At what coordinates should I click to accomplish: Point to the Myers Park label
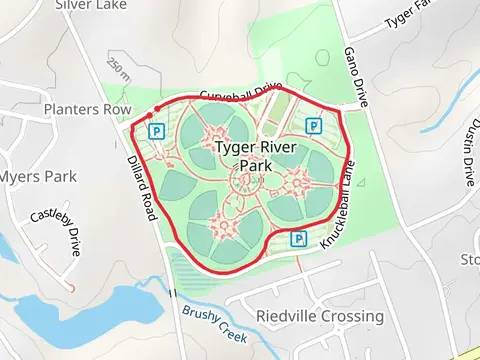37,177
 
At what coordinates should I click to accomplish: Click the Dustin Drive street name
465,149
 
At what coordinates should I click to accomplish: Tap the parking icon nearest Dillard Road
156,130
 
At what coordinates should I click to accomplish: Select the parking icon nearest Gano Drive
314,126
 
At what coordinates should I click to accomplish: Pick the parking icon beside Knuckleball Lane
298,238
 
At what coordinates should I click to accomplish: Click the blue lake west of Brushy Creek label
80,312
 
